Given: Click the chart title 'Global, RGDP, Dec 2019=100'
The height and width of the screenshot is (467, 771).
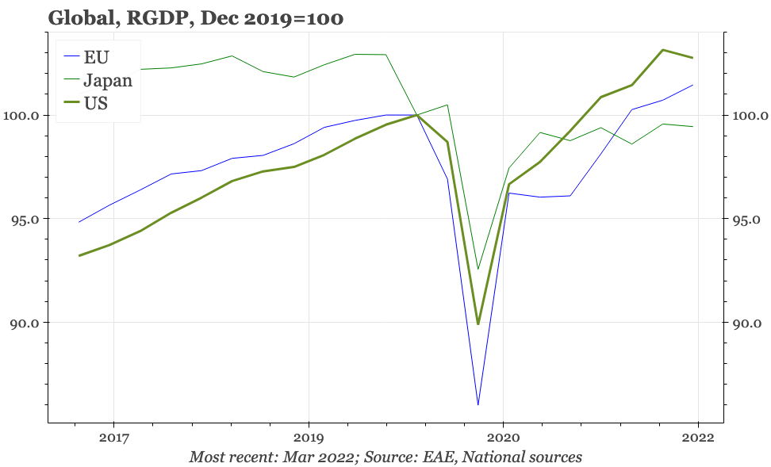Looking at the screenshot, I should [x=195, y=17].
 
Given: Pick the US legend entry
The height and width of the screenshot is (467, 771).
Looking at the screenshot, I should [x=96, y=103].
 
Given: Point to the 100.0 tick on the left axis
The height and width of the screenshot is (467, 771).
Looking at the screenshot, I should [x=23, y=116].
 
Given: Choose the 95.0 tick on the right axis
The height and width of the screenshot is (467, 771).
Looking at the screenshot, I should [x=746, y=219].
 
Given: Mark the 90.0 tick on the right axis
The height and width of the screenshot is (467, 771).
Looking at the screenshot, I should [x=746, y=323].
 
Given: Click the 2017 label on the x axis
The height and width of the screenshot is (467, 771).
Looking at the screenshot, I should [x=113, y=436].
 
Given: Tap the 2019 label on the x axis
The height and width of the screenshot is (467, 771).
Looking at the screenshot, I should [x=309, y=436].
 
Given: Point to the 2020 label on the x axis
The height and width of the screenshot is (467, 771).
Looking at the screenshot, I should [x=504, y=436].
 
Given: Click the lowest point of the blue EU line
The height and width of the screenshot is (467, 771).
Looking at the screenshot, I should [x=478, y=405].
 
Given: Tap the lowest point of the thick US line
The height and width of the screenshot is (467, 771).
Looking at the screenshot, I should [x=478, y=323].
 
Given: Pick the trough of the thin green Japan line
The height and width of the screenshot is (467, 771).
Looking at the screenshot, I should [x=478, y=269].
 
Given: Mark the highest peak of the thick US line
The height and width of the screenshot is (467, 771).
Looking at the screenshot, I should [x=663, y=50].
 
